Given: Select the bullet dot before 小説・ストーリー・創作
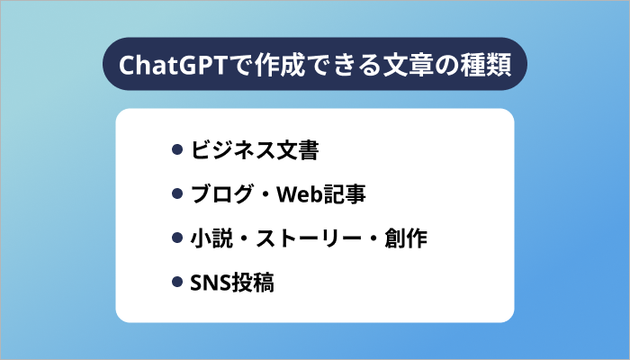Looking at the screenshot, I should pos(177,238).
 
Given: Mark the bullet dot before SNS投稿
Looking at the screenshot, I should pos(177,283).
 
